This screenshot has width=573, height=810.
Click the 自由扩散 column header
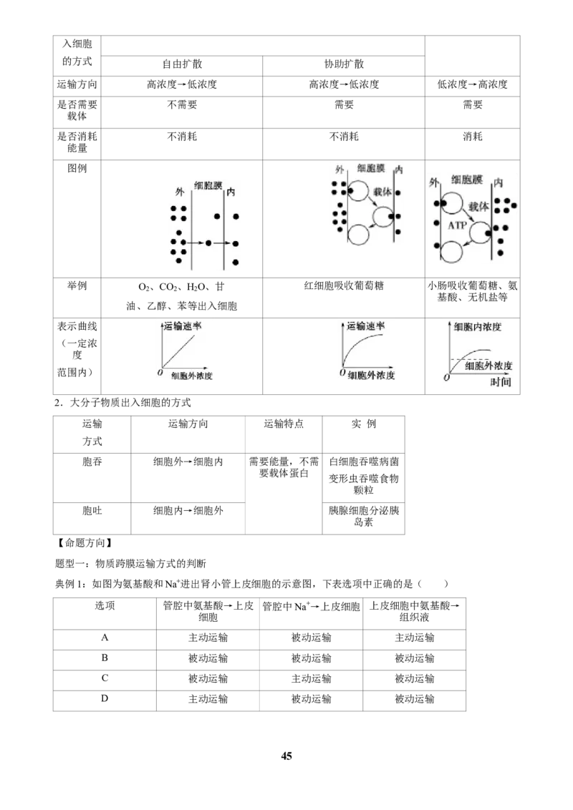[x=182, y=64]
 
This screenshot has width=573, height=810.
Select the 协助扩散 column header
[x=344, y=64]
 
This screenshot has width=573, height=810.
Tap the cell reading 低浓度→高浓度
[x=472, y=84]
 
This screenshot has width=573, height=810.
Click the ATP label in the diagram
[x=457, y=225]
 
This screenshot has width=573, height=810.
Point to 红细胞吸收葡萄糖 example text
[x=344, y=286]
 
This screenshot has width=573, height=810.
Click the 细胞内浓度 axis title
[x=477, y=326]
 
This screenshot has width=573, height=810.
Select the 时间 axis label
[x=500, y=382]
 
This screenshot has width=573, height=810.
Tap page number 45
[x=286, y=756]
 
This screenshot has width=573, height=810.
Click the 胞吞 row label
[x=92, y=462]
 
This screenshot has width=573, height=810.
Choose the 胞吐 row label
[x=92, y=510]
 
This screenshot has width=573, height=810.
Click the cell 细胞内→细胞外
[x=188, y=510]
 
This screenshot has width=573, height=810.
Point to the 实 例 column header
[x=364, y=424]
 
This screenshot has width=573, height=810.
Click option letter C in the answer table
[x=105, y=678]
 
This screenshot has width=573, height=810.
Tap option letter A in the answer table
[x=105, y=638]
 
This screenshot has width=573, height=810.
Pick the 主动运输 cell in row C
[x=311, y=678]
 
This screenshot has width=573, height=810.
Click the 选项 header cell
[x=105, y=605]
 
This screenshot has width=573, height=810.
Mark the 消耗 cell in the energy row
[x=472, y=137]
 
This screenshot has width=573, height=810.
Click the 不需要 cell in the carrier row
[x=182, y=104]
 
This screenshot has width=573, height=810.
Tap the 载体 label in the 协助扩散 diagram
[x=382, y=192]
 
